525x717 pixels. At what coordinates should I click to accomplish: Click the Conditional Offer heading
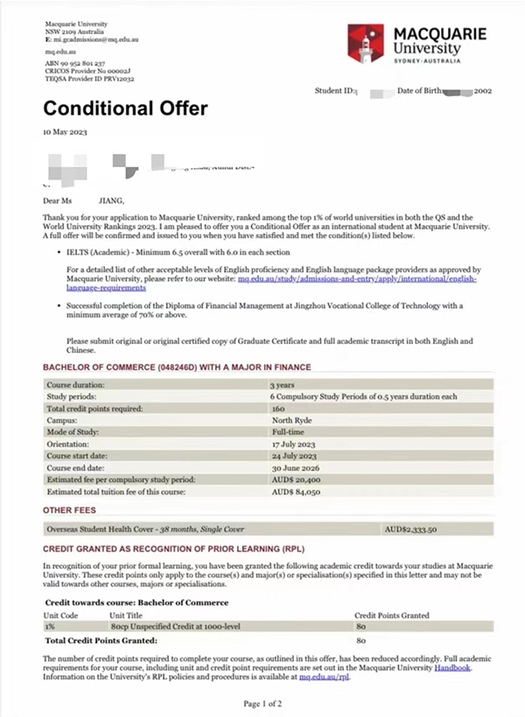coord(126,109)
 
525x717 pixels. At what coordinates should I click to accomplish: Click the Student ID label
coord(337,91)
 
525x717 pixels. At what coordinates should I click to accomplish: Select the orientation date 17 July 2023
coord(293,444)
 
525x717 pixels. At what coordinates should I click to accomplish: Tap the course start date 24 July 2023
coord(293,456)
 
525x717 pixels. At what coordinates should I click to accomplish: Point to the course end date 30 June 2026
coord(294,468)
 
